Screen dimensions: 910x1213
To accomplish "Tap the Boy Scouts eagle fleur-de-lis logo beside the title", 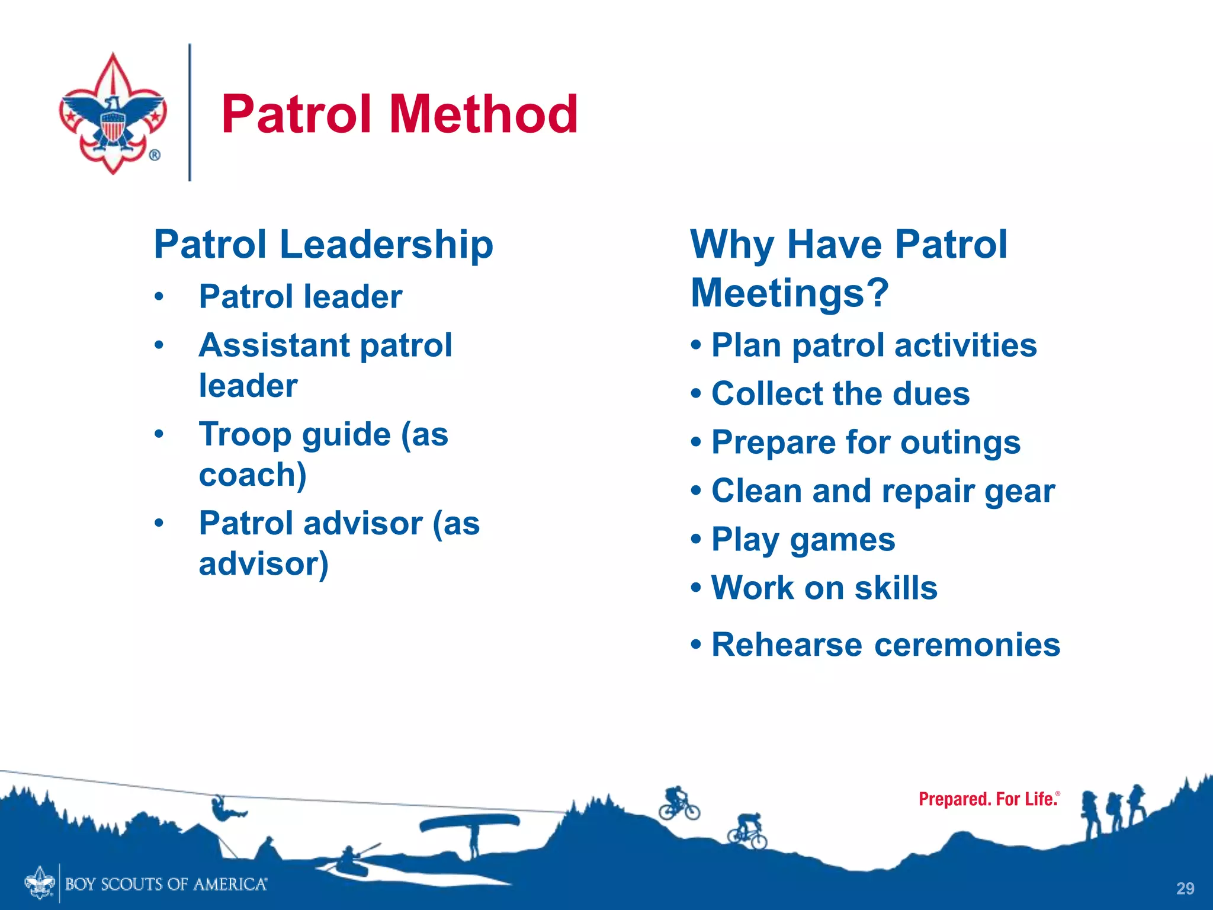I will (x=113, y=114).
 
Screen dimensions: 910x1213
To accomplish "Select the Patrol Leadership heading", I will (x=323, y=244).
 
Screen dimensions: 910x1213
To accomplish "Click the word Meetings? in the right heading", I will (x=790, y=293).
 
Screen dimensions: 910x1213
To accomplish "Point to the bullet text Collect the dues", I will (x=840, y=394).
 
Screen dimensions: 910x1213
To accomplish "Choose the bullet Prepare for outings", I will (x=865, y=443).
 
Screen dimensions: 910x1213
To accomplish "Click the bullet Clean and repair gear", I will (x=883, y=491).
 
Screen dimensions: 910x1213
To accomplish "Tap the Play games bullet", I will (x=803, y=540).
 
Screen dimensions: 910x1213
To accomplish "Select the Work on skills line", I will (x=824, y=588).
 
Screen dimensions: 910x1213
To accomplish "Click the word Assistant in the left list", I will (x=275, y=345).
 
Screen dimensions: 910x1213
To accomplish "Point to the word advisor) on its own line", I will (x=264, y=563).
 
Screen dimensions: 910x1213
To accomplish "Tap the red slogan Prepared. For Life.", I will (x=988, y=799).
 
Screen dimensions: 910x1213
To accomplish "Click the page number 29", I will (x=1185, y=888).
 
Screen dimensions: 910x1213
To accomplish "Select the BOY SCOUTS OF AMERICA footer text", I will (x=166, y=885).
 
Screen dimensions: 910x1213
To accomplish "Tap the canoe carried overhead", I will (x=469, y=822).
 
